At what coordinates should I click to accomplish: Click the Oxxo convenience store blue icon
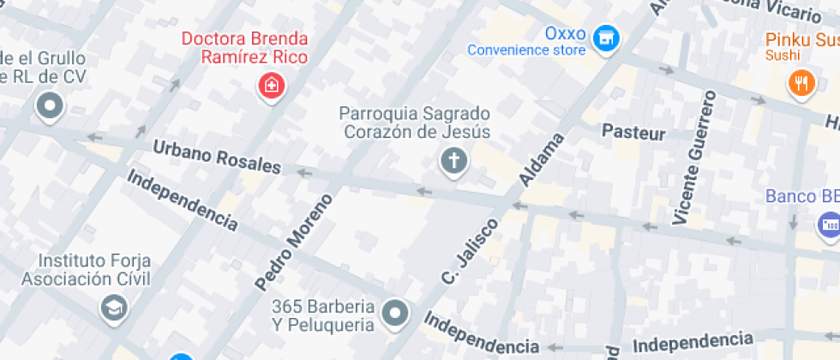tap(607, 38)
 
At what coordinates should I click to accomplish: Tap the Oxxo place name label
tap(566, 34)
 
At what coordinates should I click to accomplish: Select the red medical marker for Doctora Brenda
tap(272, 85)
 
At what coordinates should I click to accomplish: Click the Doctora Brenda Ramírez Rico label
tap(244, 48)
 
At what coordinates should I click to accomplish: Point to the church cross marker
tap(453, 160)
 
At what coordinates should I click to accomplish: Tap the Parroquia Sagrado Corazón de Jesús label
tap(415, 123)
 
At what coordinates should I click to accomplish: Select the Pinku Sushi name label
tap(801, 40)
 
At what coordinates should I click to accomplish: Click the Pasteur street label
tap(633, 132)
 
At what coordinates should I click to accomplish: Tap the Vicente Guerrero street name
tap(694, 158)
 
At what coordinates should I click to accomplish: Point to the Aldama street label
tap(541, 160)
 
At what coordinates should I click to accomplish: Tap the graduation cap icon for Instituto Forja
tap(113, 306)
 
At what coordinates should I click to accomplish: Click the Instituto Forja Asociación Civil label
tap(86, 269)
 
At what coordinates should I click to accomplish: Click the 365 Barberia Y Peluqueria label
tap(323, 315)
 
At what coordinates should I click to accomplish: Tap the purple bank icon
tap(828, 225)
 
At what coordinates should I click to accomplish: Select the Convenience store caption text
tap(526, 51)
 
